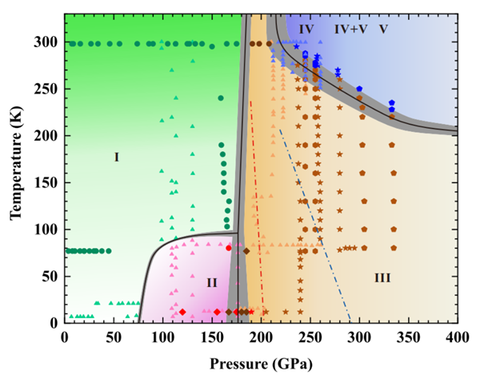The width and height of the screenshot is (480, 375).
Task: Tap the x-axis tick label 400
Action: [457, 337]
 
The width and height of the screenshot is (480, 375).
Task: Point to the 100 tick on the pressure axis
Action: [163, 337]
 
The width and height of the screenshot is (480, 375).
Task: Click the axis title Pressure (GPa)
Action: [259, 361]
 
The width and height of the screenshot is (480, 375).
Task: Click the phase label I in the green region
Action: [116, 158]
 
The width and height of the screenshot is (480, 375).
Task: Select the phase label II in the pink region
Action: [211, 282]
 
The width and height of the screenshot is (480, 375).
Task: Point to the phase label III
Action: [382, 277]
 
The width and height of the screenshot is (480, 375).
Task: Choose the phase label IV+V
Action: [350, 29]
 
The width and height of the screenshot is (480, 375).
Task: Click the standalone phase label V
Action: [383, 29]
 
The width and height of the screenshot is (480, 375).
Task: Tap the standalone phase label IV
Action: [307, 29]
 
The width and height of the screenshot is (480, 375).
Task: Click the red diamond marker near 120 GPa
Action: [182, 312]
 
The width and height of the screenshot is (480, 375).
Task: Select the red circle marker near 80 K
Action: [229, 248]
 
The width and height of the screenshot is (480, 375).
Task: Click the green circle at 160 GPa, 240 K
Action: [221, 98]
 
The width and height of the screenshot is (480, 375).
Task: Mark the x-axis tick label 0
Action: [65, 337]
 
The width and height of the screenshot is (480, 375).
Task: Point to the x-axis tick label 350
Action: [408, 337]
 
